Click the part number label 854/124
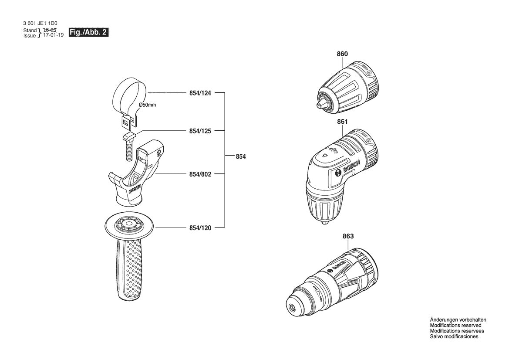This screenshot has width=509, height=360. (200, 93)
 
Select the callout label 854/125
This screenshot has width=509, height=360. (200, 131)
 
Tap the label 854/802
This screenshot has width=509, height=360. (200, 174)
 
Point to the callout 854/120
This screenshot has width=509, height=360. (200, 228)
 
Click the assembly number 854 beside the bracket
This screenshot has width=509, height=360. (240, 156)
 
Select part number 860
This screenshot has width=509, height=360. (342, 54)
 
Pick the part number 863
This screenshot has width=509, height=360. (348, 237)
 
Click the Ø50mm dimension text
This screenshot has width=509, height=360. (147, 105)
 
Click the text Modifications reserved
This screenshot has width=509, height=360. (455, 326)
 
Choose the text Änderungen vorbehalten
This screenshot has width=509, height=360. (458, 320)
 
